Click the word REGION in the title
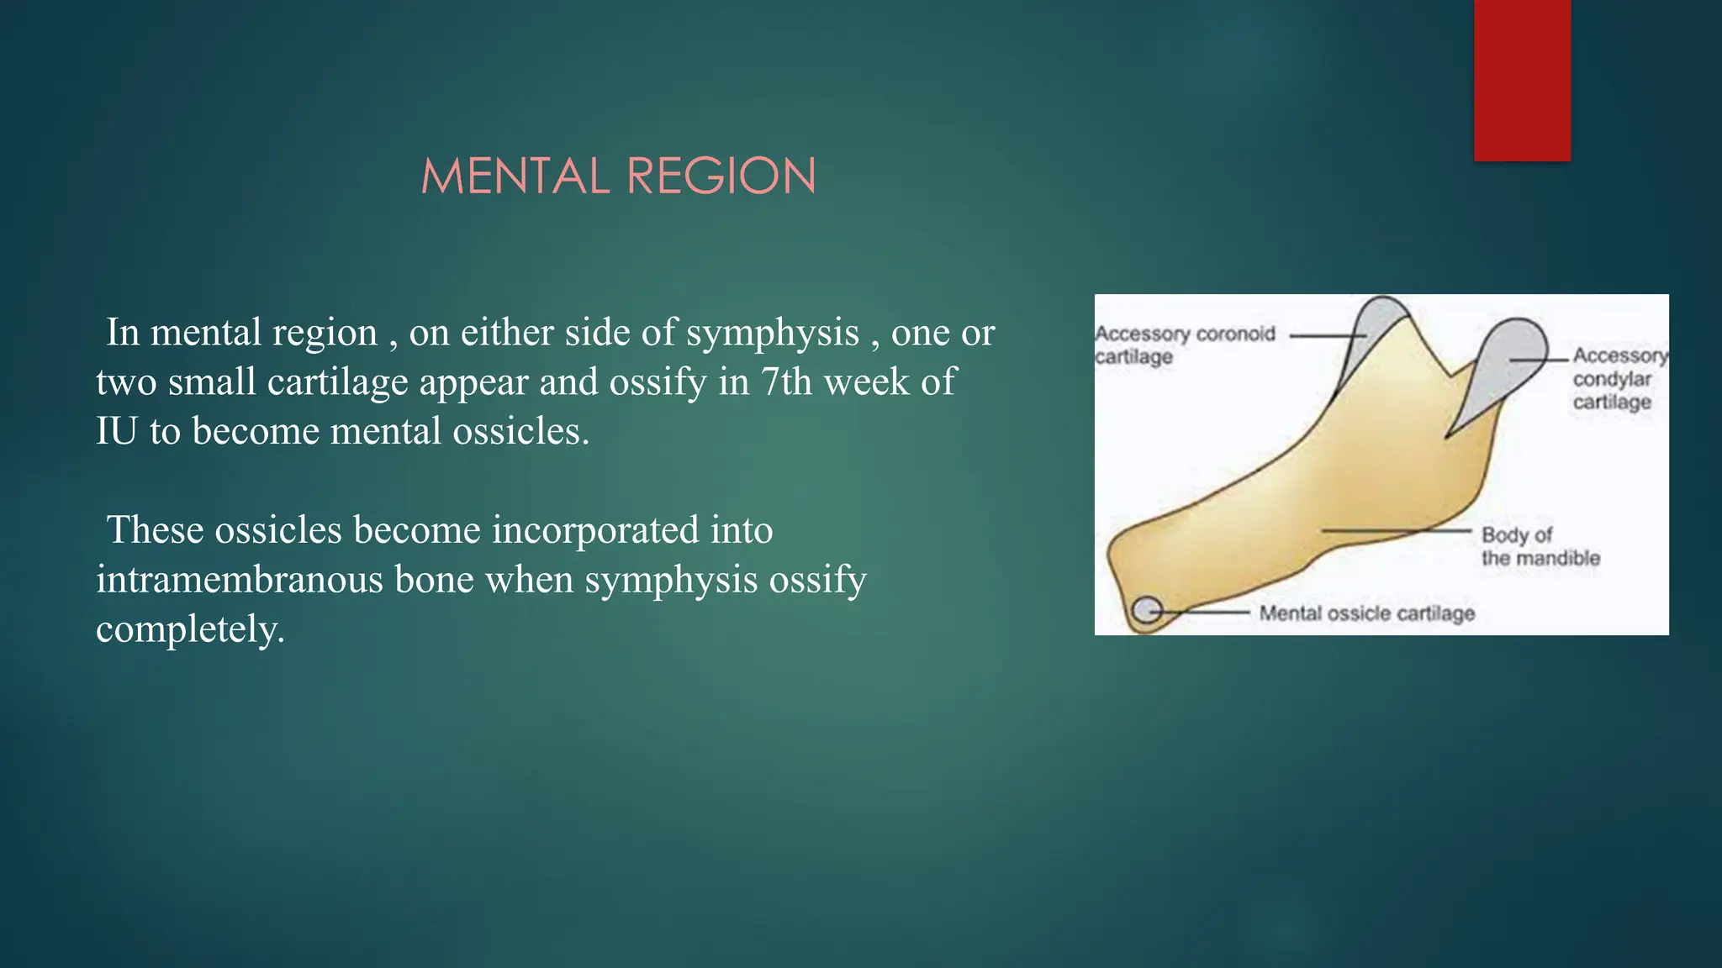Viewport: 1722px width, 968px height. pos(721,176)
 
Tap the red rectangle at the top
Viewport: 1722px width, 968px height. pos(1522,80)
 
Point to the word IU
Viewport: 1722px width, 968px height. pos(116,431)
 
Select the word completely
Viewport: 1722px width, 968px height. pos(189,629)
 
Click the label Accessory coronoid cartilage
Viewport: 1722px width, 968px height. pos(1184,345)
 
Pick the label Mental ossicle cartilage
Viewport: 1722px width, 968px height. pos(1366,613)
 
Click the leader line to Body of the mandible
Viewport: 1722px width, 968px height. pos(1396,531)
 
